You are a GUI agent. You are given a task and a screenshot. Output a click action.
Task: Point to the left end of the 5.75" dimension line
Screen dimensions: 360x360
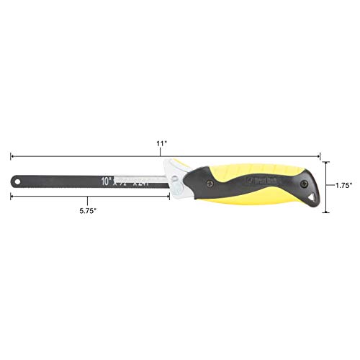click(10, 194)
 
